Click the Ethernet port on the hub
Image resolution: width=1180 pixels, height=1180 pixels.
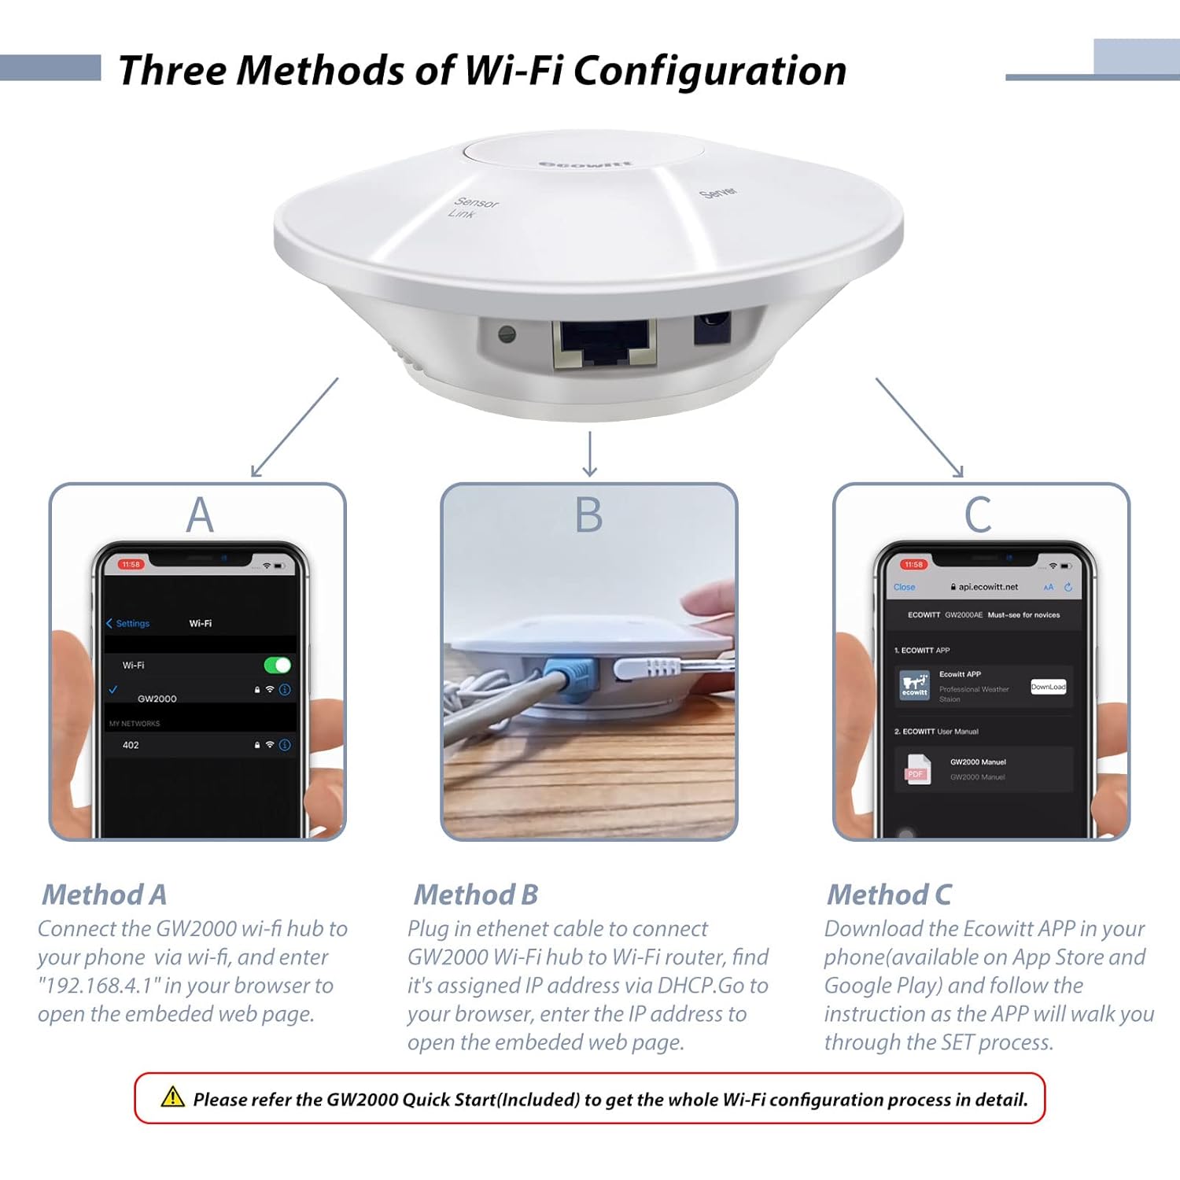point(604,344)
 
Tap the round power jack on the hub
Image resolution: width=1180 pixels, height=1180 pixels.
point(712,327)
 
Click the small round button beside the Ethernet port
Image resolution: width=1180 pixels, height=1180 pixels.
point(507,334)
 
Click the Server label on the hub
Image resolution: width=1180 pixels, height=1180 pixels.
point(718,192)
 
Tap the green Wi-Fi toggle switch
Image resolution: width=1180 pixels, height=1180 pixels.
point(277,666)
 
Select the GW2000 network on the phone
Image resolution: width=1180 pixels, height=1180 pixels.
point(157,699)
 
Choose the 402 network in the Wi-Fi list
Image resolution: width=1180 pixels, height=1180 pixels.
point(131,745)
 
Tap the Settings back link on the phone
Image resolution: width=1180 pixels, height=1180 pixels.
point(128,623)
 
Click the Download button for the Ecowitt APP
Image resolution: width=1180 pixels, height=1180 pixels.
point(1048,687)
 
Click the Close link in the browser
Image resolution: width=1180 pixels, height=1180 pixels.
point(904,587)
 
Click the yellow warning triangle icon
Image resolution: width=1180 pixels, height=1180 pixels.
point(172,1097)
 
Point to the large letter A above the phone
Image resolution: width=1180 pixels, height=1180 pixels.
point(200,516)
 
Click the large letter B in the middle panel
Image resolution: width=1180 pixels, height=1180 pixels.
point(588,516)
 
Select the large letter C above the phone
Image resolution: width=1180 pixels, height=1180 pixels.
point(978,516)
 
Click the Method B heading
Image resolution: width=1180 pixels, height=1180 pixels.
point(476,894)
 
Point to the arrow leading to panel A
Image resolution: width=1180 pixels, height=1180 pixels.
point(294,428)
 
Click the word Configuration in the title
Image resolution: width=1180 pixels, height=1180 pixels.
point(710,71)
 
